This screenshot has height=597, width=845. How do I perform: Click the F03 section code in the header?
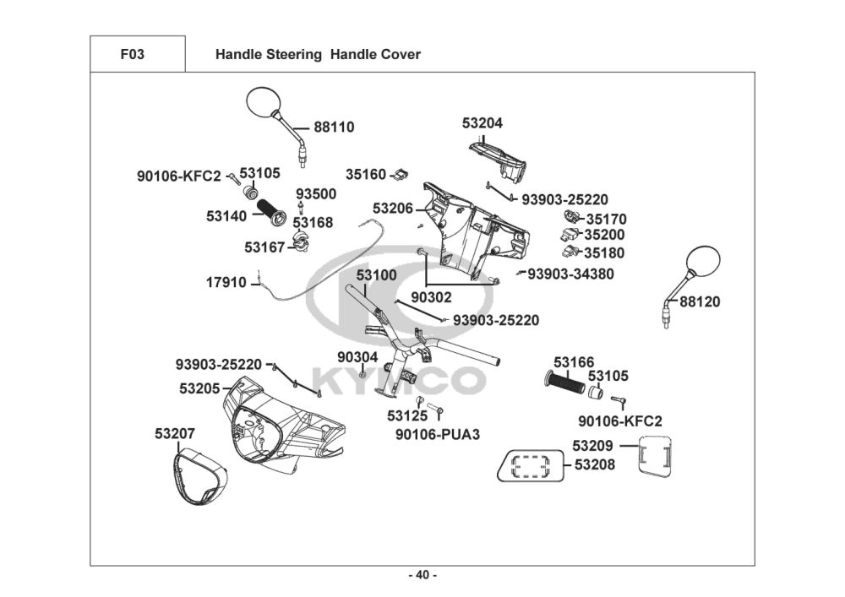(132, 55)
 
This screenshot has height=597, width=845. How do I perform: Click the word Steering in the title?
(292, 55)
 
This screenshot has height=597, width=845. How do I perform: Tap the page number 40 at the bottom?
(422, 575)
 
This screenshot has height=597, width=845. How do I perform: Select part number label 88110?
(334, 128)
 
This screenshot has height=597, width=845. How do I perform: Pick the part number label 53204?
(482, 123)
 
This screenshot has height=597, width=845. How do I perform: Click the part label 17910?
(226, 283)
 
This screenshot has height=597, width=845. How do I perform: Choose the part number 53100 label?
(376, 276)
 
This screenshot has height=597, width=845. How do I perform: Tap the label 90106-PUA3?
(438, 435)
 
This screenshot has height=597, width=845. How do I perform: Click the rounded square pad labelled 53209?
(656, 456)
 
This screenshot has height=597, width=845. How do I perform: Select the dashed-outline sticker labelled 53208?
(530, 465)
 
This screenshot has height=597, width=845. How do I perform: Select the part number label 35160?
(366, 175)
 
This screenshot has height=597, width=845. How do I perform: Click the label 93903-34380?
(570, 274)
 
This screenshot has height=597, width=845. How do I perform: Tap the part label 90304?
(357, 357)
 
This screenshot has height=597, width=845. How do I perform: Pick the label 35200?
(605, 236)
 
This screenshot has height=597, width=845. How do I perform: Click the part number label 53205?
(199, 388)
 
